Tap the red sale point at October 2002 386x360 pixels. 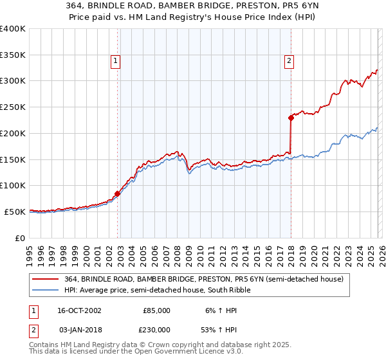tap(118, 193)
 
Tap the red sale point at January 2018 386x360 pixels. tap(291, 117)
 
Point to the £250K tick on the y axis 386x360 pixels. tap(14, 107)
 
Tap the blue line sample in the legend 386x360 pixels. tap(46, 290)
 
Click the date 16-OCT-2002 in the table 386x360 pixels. tap(78, 310)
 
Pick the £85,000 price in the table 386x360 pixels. tap(156, 310)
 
